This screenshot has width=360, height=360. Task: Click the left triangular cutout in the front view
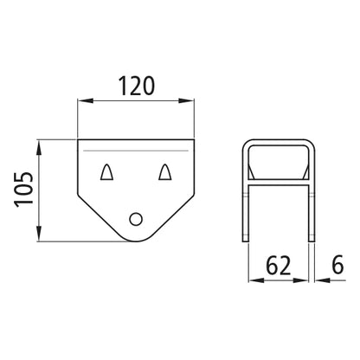click(x=106, y=172)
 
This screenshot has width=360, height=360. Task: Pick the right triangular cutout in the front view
click(x=164, y=172)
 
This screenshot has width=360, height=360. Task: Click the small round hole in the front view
click(x=135, y=220)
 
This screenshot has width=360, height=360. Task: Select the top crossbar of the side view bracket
click(x=279, y=141)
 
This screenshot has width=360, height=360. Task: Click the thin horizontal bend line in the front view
click(x=135, y=152)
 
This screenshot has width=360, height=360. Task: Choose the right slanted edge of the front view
click(x=173, y=215)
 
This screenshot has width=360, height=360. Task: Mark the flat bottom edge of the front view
click(x=135, y=242)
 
